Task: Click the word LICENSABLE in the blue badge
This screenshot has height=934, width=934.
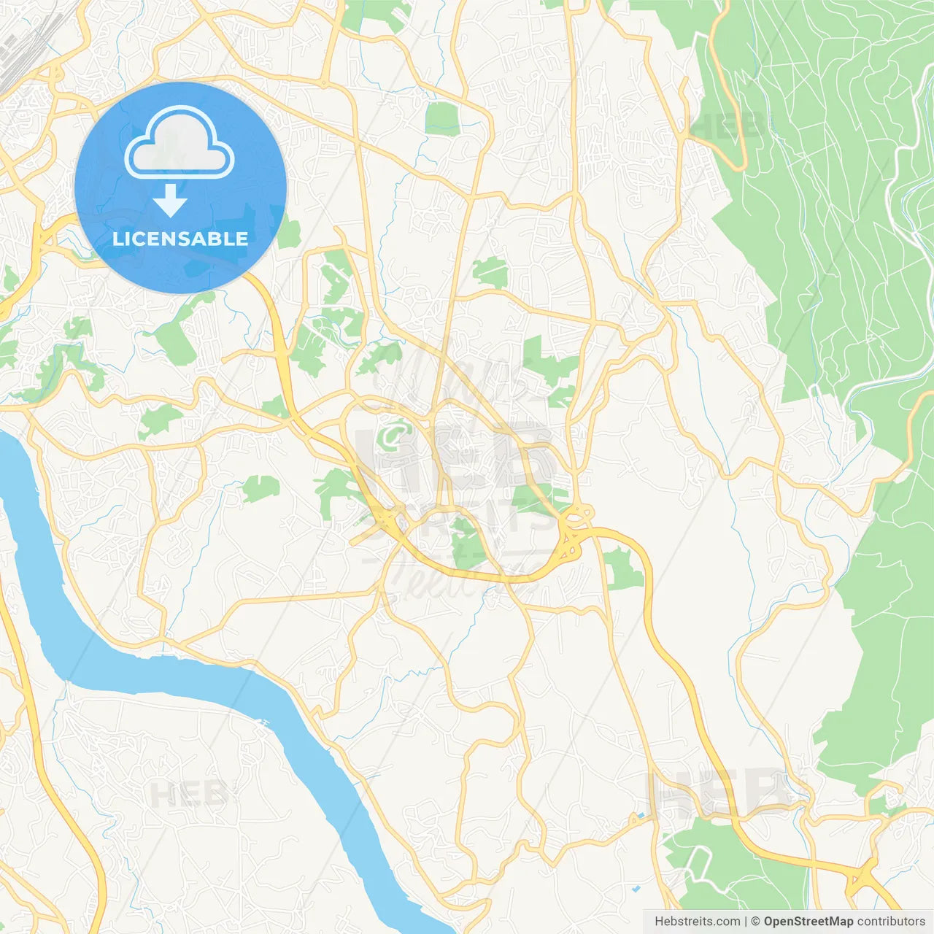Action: point(180,239)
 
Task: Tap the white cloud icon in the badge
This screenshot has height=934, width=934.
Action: point(180,143)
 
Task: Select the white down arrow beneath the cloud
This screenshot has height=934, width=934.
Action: point(170,201)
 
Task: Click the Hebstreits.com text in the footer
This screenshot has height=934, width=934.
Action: point(697,922)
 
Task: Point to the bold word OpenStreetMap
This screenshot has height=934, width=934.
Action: point(808,922)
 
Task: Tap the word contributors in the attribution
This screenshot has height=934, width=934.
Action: point(891,922)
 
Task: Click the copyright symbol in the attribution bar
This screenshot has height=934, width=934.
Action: point(755,922)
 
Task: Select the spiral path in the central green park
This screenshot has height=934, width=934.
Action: point(394,433)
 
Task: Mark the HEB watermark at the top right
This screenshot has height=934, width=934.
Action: point(726,126)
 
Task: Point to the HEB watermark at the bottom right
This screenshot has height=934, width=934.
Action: point(719,792)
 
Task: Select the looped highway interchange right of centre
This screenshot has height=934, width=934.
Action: point(573,529)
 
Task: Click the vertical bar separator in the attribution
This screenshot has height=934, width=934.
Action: point(746,922)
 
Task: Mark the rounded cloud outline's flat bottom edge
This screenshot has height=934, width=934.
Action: point(180,174)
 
